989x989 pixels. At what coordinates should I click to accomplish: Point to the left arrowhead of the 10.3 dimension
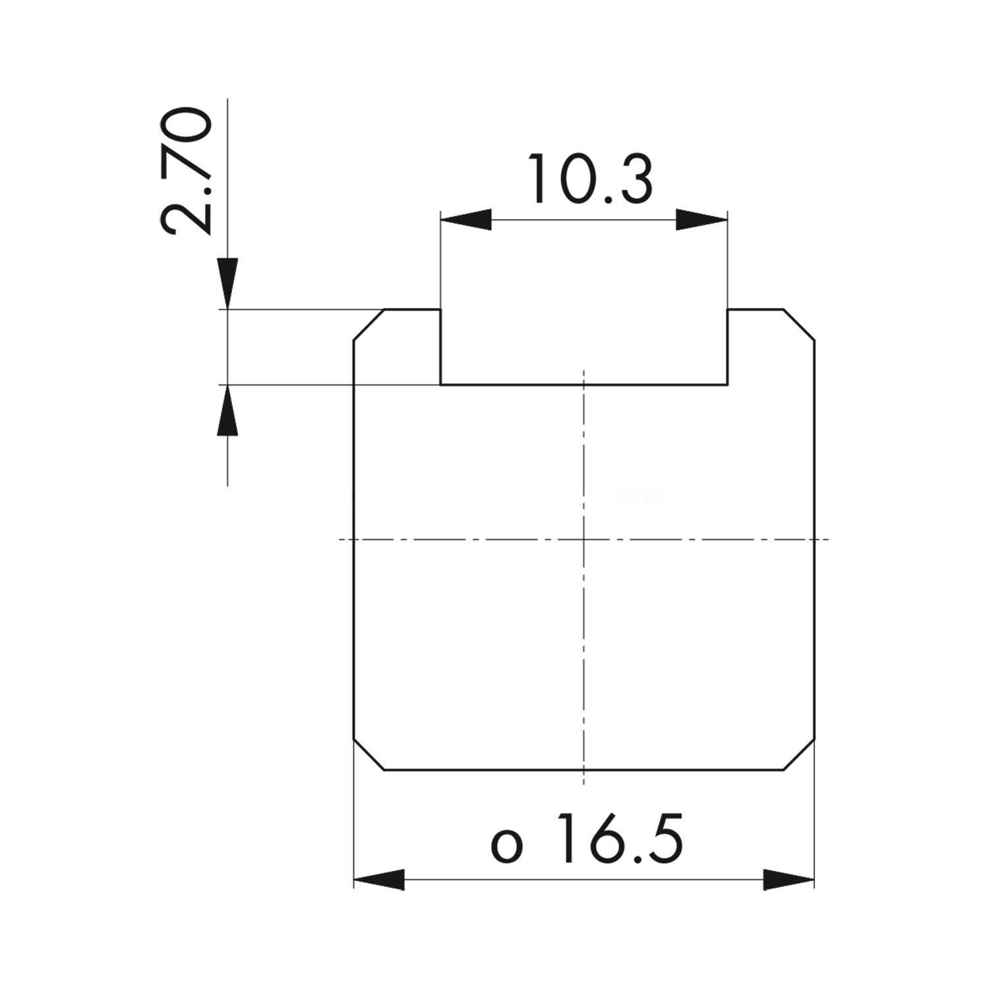tap(466, 220)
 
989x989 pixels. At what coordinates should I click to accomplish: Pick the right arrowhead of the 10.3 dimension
tap(702, 220)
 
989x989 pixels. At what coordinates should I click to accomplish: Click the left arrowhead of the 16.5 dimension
tap(379, 880)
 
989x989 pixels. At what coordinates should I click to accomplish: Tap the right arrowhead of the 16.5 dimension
tap(789, 880)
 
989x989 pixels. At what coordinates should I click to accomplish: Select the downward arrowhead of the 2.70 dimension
tap(227, 284)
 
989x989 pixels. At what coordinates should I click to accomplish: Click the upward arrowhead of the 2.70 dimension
tap(227, 410)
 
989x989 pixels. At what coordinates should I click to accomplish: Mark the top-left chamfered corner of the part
tap(369, 324)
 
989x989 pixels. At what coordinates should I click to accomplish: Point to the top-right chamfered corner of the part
tap(799, 324)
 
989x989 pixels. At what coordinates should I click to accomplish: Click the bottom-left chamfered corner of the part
tap(369, 754)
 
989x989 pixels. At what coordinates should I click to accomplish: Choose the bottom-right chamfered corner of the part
tap(799, 754)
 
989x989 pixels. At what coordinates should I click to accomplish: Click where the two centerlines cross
tap(584, 539)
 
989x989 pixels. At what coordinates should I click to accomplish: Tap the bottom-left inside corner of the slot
tap(440, 384)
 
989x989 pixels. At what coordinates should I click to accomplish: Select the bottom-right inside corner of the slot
tap(728, 384)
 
